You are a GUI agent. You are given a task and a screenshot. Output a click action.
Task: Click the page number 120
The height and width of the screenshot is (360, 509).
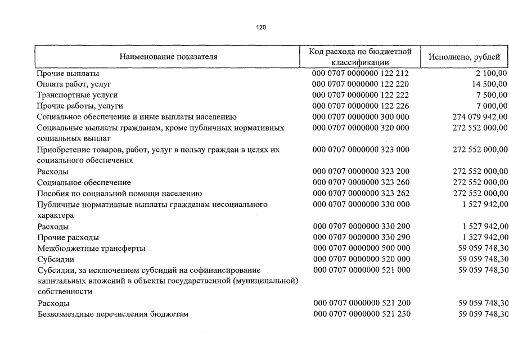tap(261, 28)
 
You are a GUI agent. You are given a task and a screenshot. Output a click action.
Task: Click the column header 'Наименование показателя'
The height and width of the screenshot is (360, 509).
tap(168, 57)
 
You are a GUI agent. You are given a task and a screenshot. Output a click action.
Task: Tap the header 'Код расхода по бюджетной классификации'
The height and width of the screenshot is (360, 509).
tap(361, 57)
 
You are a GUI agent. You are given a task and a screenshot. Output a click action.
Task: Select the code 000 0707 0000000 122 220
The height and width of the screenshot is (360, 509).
tap(361, 84)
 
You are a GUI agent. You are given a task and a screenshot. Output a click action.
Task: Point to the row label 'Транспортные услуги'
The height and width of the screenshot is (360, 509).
tap(77, 95)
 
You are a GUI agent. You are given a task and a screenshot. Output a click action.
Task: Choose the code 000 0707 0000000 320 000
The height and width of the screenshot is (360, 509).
tap(361, 128)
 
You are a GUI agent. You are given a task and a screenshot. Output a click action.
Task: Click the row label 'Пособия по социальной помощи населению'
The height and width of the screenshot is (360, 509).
tap(119, 193)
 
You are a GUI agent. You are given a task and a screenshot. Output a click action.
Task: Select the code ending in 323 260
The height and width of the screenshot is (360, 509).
tap(361, 182)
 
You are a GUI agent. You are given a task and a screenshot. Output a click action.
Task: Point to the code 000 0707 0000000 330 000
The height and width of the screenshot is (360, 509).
tap(361, 204)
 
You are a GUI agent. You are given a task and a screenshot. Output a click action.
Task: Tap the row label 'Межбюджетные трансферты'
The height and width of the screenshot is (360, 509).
tap(91, 248)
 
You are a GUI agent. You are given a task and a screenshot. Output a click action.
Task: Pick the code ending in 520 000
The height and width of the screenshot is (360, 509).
tap(361, 259)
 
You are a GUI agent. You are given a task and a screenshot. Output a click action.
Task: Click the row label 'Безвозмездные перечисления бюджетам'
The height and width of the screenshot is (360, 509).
tap(112, 314)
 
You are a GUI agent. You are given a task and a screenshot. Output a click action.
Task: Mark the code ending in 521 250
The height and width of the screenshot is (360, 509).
tap(361, 314)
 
